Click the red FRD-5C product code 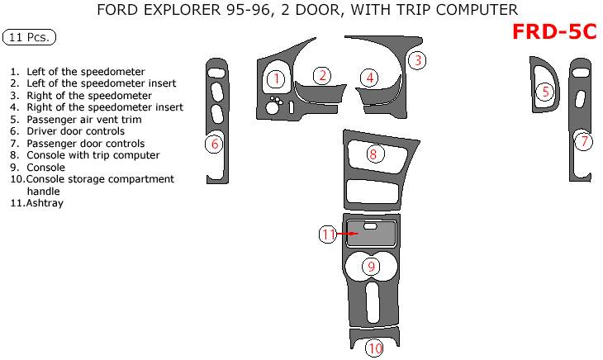553,31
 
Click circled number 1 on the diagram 276,79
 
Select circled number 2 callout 324,75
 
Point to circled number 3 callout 418,60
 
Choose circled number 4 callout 370,78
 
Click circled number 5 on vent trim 545,92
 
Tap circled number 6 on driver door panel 215,144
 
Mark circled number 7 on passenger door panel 583,142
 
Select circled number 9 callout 372,266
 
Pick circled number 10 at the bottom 375,348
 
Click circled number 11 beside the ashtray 328,234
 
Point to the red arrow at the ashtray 352,234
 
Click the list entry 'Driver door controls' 75,131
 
